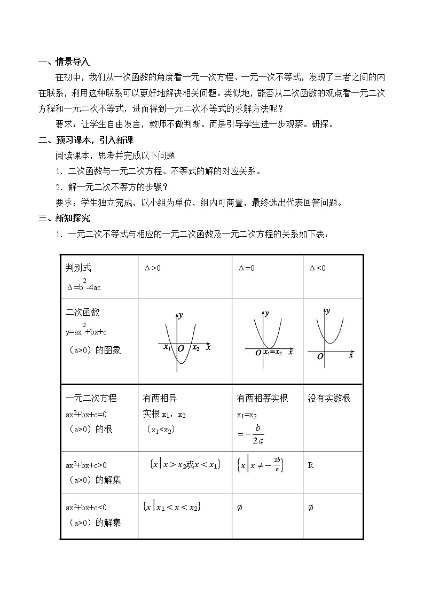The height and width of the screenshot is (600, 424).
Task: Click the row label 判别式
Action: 78,268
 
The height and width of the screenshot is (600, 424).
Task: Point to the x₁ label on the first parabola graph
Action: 167,348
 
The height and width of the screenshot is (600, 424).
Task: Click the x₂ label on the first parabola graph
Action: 196,348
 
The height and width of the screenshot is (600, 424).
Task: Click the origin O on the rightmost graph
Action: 320,356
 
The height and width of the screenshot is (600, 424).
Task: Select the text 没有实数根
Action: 329,399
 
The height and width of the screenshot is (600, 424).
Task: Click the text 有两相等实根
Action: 262,399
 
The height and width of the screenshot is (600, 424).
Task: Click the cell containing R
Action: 311,465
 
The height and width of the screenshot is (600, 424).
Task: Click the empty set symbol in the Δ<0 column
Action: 310,508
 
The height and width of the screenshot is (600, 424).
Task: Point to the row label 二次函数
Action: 82,313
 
